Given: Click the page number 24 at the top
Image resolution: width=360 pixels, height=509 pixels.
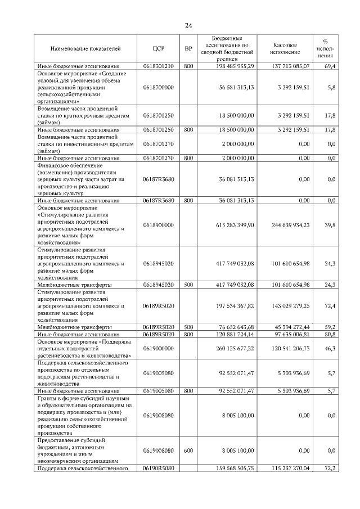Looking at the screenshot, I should [188, 26].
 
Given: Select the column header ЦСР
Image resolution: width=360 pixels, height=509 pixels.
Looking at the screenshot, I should [158, 49].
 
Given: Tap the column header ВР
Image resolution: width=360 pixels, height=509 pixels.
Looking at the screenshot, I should [188, 49].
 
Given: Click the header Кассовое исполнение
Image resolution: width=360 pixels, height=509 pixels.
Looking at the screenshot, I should [285, 48].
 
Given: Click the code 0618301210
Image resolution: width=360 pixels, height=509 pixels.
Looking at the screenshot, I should [158, 66].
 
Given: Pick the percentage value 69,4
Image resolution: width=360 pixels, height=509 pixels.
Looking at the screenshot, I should [330, 66].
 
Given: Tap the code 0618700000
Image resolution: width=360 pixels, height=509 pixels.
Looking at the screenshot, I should [158, 87].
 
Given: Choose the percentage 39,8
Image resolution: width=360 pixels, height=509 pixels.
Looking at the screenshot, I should [330, 224].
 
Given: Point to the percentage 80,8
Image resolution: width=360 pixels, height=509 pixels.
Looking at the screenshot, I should [330, 334].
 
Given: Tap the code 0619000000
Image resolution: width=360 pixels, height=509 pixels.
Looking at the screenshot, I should [158, 348].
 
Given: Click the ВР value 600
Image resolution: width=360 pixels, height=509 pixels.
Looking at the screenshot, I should [188, 450].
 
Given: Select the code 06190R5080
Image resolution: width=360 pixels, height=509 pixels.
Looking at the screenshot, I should [158, 467].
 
